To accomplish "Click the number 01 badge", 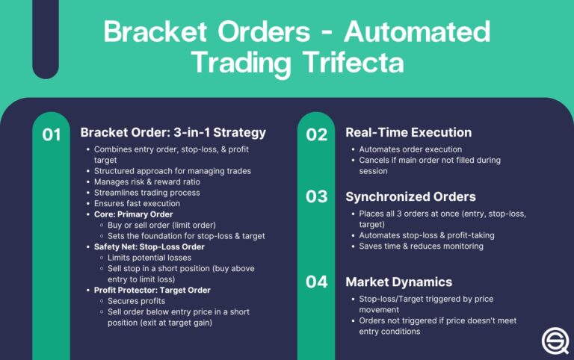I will pyautogui.click(x=51, y=135).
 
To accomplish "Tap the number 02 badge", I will pyautogui.click(x=317, y=134).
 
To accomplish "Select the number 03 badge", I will pyautogui.click(x=317, y=198).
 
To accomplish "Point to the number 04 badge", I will pyautogui.click(x=317, y=282).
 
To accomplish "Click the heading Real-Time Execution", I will pyautogui.click(x=408, y=132).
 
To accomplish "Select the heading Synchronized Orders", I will pyautogui.click(x=411, y=196).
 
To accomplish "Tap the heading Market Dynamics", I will pyautogui.click(x=398, y=282).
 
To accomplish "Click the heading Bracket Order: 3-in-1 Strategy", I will pyautogui.click(x=173, y=133).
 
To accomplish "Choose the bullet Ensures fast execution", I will pyautogui.click(x=137, y=203).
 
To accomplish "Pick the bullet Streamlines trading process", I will pyautogui.click(x=146, y=193).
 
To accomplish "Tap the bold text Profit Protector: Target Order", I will pyautogui.click(x=152, y=290).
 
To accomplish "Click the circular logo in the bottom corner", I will pyautogui.click(x=554, y=340).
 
